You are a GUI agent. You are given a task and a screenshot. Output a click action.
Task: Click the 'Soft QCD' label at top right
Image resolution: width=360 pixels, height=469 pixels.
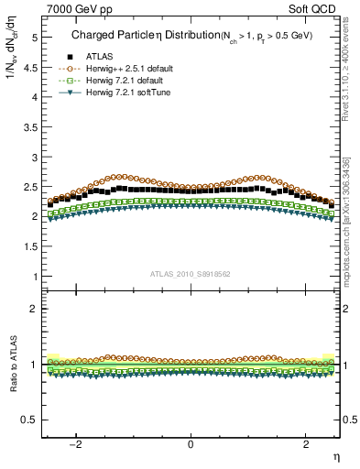pyautogui.click(x=316, y=8)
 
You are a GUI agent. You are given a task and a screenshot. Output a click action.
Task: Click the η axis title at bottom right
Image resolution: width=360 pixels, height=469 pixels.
pyautogui.click(x=335, y=455)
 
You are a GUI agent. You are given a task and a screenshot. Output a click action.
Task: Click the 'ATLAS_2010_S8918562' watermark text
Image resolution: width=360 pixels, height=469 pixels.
pyautogui.click(x=190, y=274)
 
